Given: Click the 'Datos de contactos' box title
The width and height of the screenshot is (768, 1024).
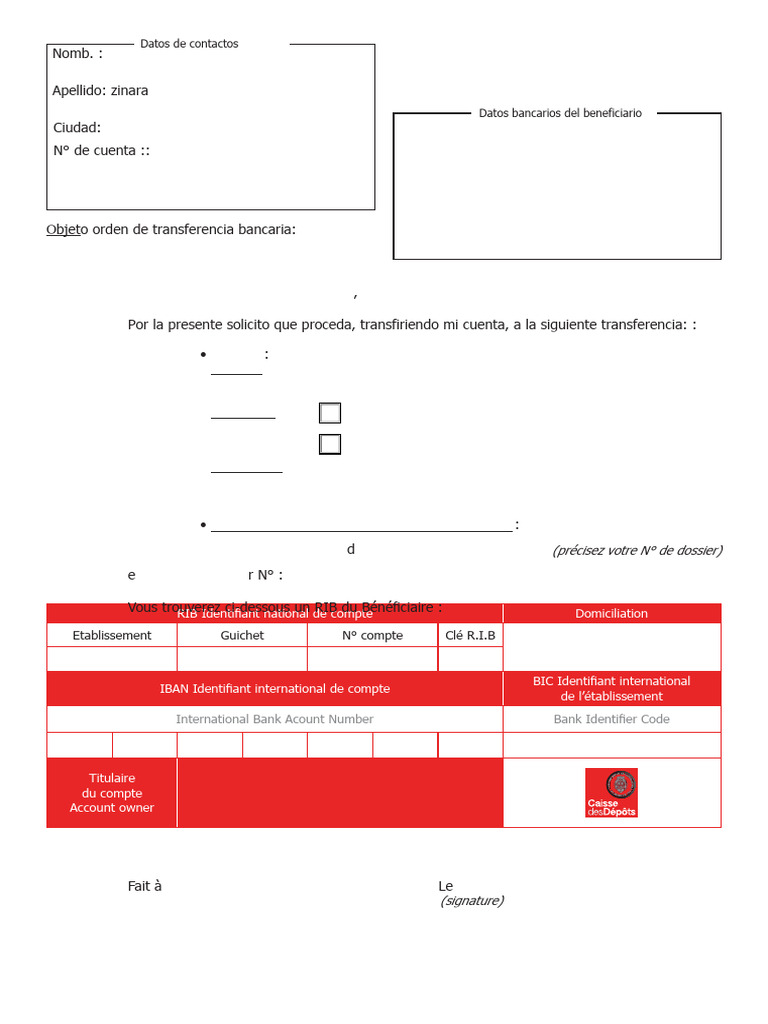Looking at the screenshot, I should click(x=189, y=44).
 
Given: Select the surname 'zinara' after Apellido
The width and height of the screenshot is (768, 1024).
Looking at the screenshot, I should click(x=129, y=91).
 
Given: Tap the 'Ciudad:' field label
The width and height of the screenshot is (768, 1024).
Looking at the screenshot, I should click(x=77, y=128).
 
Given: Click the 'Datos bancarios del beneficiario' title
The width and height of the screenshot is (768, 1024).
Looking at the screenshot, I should click(x=560, y=114).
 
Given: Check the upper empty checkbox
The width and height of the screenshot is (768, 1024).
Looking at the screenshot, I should click(x=330, y=413).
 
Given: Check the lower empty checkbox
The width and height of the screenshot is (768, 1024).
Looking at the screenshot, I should click(x=330, y=444).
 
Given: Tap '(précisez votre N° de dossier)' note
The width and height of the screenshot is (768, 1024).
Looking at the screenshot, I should click(x=637, y=550).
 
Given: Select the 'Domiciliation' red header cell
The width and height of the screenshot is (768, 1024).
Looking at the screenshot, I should click(x=611, y=614).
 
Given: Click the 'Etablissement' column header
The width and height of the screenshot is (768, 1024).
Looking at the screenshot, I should click(x=112, y=635).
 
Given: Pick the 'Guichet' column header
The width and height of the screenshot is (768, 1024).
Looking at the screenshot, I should click(x=242, y=635).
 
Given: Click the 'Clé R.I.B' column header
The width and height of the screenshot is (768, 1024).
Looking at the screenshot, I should click(x=470, y=635).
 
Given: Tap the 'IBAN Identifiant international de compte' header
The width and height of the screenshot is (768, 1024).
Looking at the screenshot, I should click(x=275, y=689).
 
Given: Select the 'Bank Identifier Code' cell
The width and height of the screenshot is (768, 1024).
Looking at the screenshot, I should click(x=611, y=719).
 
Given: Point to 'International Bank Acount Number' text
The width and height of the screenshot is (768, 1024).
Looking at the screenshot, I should click(x=275, y=719).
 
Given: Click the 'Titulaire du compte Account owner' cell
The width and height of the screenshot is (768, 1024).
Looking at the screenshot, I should click(x=112, y=793).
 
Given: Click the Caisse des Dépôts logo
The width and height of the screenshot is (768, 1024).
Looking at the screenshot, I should click(x=611, y=793).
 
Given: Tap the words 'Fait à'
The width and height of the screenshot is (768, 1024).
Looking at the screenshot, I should click(x=145, y=886).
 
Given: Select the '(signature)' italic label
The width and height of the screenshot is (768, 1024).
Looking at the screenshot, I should click(x=472, y=901).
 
